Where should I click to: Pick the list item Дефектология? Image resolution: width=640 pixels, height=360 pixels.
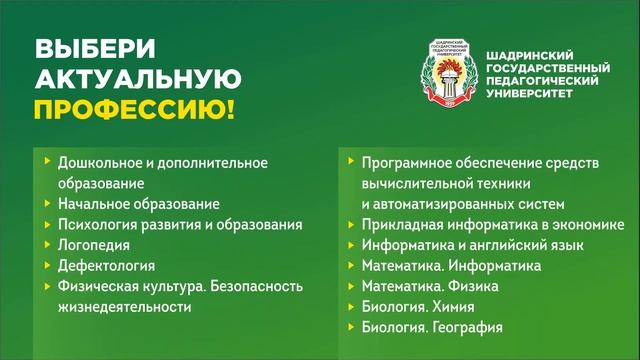pyautogui.click(x=106, y=265)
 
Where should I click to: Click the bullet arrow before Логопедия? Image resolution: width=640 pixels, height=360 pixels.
pyautogui.click(x=48, y=244)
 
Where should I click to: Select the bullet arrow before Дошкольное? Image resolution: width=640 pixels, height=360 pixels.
pyautogui.click(x=48, y=161)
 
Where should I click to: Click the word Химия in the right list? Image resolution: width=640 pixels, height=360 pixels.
pyautogui.click(x=451, y=307)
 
